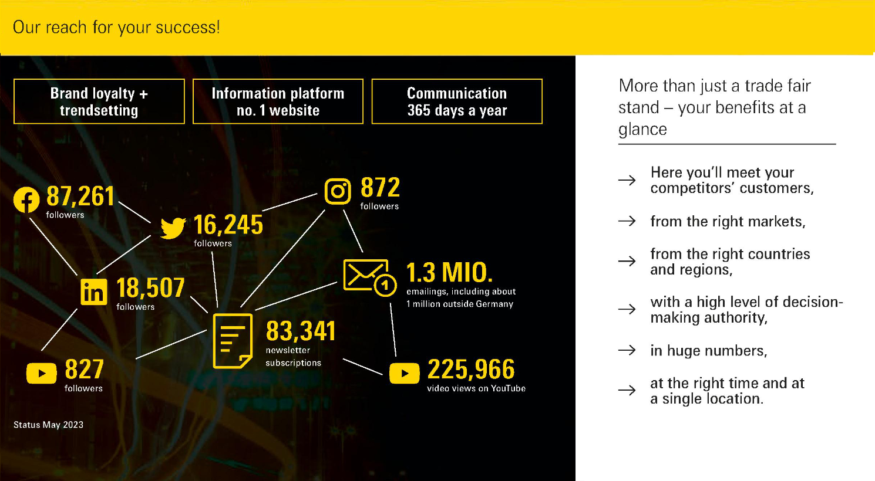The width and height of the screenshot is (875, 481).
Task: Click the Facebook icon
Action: pos(26,199)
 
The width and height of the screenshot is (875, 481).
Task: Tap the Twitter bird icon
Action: pos(173,228)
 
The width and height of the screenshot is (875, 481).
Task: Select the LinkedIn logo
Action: pos(94,292)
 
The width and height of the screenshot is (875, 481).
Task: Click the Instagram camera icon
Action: pos(338,191)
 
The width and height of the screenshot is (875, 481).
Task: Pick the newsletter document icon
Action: pos(233,341)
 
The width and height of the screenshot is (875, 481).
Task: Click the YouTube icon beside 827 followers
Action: pos(42,373)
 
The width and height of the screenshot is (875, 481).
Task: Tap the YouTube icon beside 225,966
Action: pos(405,373)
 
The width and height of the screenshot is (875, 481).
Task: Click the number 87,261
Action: pos(80,197)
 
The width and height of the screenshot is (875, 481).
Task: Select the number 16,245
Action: pos(228,225)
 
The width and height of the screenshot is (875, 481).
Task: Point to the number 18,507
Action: pos(150,288)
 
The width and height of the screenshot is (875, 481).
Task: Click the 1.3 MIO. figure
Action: pos(450,272)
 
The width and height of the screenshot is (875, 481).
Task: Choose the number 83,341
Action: pos(301,331)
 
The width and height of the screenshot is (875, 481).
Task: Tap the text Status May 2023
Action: pos(48,425)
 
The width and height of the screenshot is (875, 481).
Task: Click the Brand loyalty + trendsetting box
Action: pos(99,101)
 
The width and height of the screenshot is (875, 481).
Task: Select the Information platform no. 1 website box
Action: pos(278,101)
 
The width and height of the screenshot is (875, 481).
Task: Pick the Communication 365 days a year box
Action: pos(457,101)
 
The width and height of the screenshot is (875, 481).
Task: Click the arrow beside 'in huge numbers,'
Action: pos(627,350)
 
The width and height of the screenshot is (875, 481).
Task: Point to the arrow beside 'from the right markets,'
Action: pos(627,221)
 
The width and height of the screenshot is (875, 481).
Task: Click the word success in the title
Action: pos(188,28)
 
